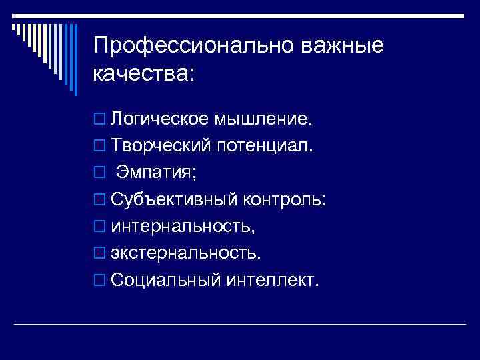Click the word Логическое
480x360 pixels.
pos(160,119)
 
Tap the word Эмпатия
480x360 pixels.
pos(154,173)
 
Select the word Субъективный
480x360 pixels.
pos(174,200)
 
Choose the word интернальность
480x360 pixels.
pos(182,227)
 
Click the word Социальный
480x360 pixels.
pos(165,281)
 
